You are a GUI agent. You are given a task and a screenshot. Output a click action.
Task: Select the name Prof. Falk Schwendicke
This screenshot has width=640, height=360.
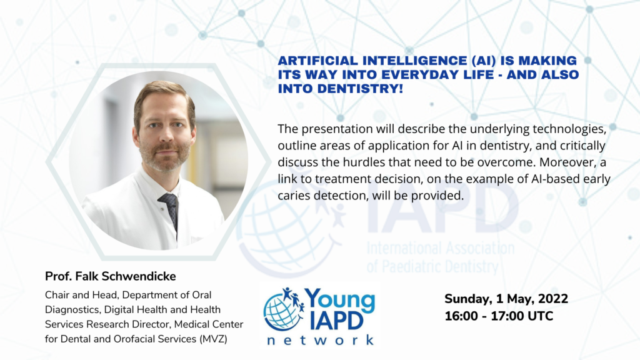tap(110, 276)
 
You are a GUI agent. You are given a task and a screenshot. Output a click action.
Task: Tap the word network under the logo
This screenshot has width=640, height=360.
tap(321, 340)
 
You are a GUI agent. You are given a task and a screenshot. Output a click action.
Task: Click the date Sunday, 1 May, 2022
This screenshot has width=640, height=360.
tap(506, 299)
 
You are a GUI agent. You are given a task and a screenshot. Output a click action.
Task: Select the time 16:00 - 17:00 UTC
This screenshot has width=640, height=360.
tap(499, 316)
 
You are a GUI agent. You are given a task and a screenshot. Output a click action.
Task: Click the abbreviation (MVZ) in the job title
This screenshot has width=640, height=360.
tap(214, 339)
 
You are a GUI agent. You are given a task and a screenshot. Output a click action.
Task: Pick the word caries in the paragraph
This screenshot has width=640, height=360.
tap(294, 196)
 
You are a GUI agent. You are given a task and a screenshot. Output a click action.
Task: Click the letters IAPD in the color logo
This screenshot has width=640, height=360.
tap(336, 321)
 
